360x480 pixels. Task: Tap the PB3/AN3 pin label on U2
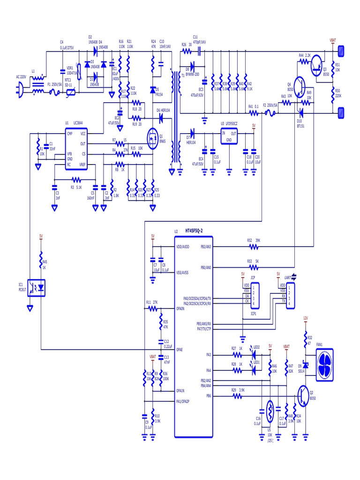click(x=206, y=246)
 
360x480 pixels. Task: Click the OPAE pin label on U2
click(x=180, y=350)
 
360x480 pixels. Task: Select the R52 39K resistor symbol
click(x=254, y=246)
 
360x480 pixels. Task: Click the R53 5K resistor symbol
click(x=254, y=267)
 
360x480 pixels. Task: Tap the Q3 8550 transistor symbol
click(x=317, y=63)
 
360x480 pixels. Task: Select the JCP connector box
click(x=253, y=294)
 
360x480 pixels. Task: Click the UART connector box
click(x=292, y=294)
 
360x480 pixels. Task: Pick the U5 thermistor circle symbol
click(x=270, y=406)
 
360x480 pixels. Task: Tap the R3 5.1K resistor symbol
click(x=76, y=180)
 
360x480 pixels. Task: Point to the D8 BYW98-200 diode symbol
click(x=191, y=66)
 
